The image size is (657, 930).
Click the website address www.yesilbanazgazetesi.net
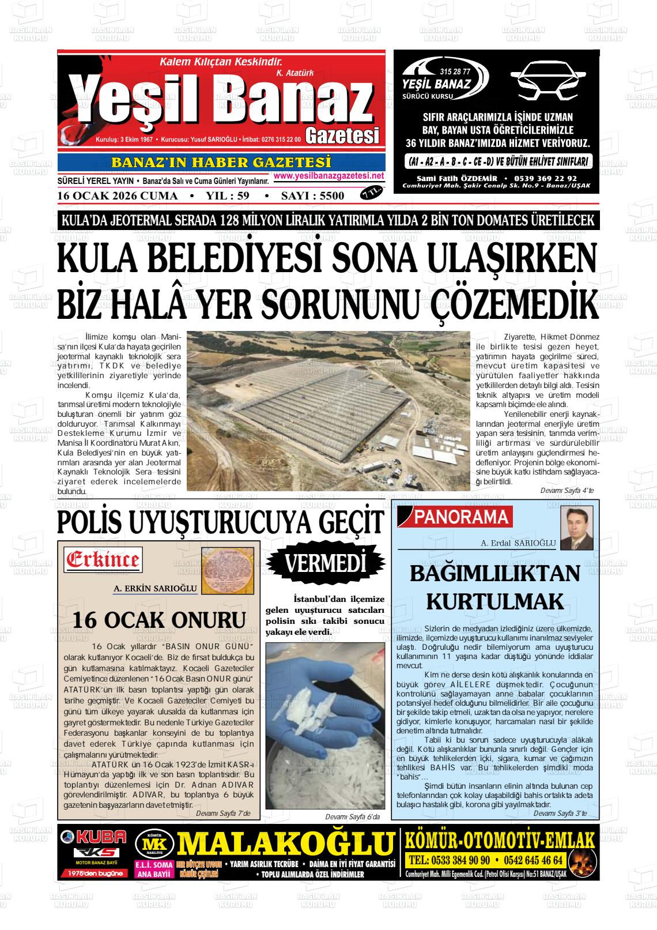[x=328, y=175]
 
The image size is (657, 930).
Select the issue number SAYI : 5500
[x=312, y=196]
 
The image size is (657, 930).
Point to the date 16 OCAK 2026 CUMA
[x=118, y=196]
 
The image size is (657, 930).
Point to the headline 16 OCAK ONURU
[x=159, y=620]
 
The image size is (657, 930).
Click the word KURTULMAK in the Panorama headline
[x=494, y=601]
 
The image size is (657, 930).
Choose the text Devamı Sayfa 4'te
[x=567, y=490]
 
